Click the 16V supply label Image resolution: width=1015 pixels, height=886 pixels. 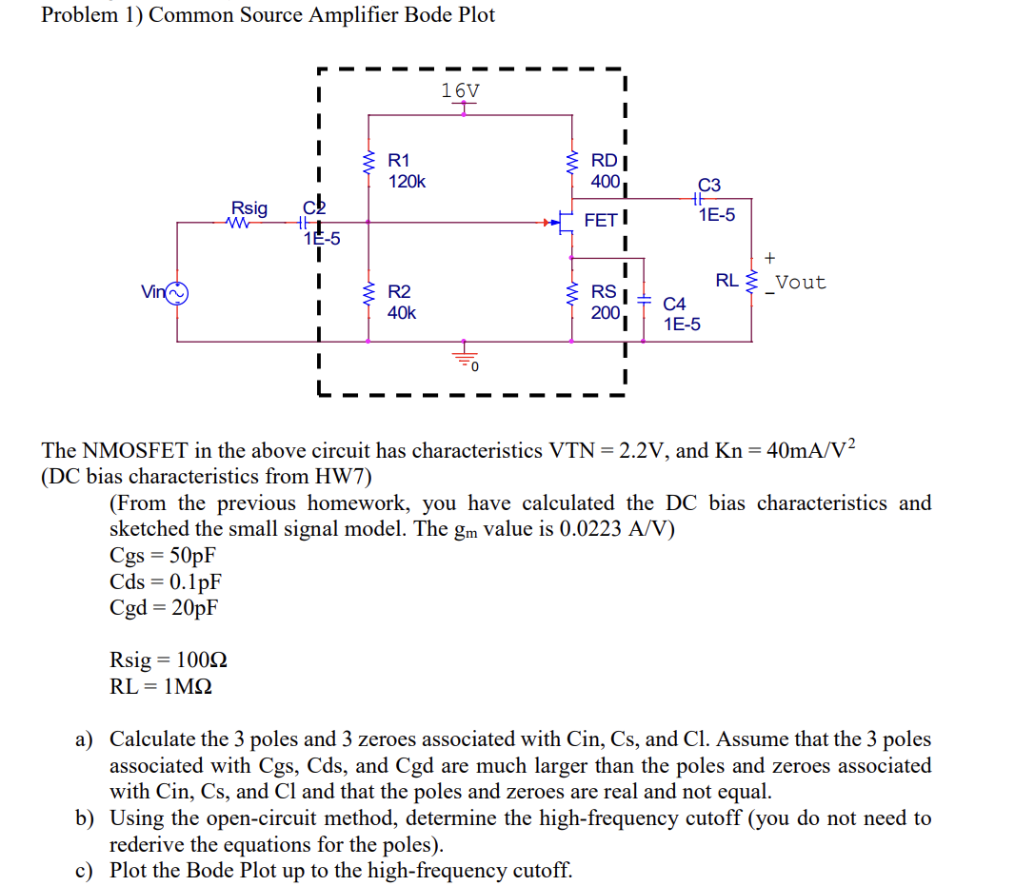click(x=461, y=90)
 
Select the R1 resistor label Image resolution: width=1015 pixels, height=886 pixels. click(x=399, y=161)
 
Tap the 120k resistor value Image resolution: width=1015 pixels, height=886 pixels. click(x=407, y=181)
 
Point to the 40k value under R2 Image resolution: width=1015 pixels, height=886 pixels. click(x=402, y=312)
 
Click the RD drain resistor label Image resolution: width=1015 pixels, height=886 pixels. click(x=604, y=161)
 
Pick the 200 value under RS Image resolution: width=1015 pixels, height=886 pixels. click(x=605, y=311)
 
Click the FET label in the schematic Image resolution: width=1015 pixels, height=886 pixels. click(x=600, y=221)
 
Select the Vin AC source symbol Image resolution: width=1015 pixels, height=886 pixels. click(x=178, y=292)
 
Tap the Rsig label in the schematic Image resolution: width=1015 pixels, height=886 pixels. click(x=249, y=207)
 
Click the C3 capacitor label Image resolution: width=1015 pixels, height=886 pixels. click(x=709, y=185)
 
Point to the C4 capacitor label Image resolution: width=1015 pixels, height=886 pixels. click(x=674, y=305)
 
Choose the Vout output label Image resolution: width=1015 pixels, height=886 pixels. click(x=800, y=283)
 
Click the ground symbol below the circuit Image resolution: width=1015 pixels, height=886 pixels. click(x=465, y=357)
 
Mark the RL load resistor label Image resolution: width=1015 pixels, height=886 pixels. click(x=726, y=281)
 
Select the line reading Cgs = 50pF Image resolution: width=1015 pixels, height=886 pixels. click(x=163, y=556)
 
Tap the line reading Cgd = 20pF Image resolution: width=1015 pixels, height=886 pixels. click(x=164, y=607)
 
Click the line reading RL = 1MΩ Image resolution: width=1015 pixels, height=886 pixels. click(x=161, y=686)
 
